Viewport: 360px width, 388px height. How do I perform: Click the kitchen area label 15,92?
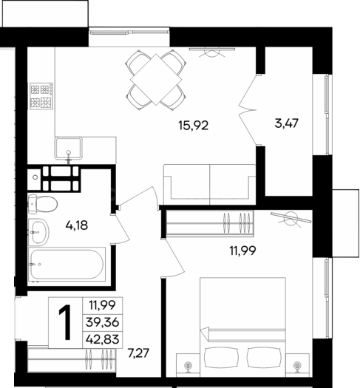194,126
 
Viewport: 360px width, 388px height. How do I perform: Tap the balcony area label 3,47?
287,123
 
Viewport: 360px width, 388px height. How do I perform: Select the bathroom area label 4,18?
77,225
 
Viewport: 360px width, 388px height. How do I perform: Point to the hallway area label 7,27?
138,353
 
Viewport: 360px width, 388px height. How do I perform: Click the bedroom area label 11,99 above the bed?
242,251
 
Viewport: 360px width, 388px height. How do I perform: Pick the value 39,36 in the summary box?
103,322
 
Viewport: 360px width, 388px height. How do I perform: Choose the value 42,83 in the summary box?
103,339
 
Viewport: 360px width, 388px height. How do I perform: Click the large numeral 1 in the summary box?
66,322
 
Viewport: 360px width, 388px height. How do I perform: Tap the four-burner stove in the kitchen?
41,96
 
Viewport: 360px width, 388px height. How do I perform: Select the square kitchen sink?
69,149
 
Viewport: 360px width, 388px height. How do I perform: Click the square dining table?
156,79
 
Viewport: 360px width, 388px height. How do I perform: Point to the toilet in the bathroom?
42,204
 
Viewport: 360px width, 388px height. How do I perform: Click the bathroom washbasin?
38,232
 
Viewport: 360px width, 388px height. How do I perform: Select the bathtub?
67,265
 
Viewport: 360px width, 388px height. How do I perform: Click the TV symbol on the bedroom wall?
291,218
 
